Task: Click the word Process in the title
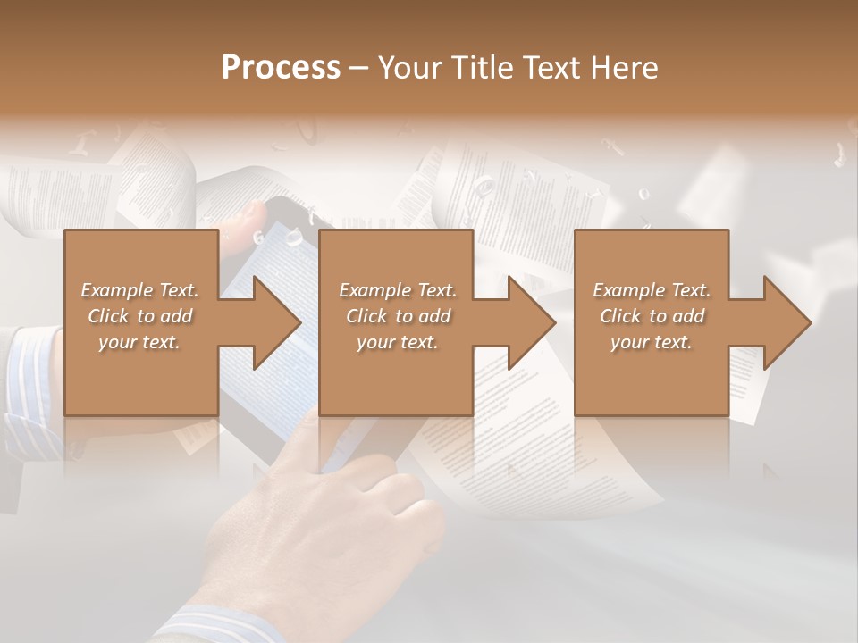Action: click(x=281, y=68)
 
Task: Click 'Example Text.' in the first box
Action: click(x=139, y=290)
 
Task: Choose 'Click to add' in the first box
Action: click(x=139, y=316)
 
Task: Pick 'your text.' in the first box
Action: click(x=139, y=342)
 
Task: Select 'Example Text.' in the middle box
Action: click(x=398, y=290)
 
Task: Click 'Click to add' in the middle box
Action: click(x=398, y=316)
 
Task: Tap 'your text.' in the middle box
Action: click(x=398, y=342)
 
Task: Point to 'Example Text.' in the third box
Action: click(x=652, y=290)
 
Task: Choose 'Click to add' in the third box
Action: click(x=652, y=316)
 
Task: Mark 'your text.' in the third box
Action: click(x=652, y=342)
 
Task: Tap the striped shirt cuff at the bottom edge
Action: click(x=219, y=625)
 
